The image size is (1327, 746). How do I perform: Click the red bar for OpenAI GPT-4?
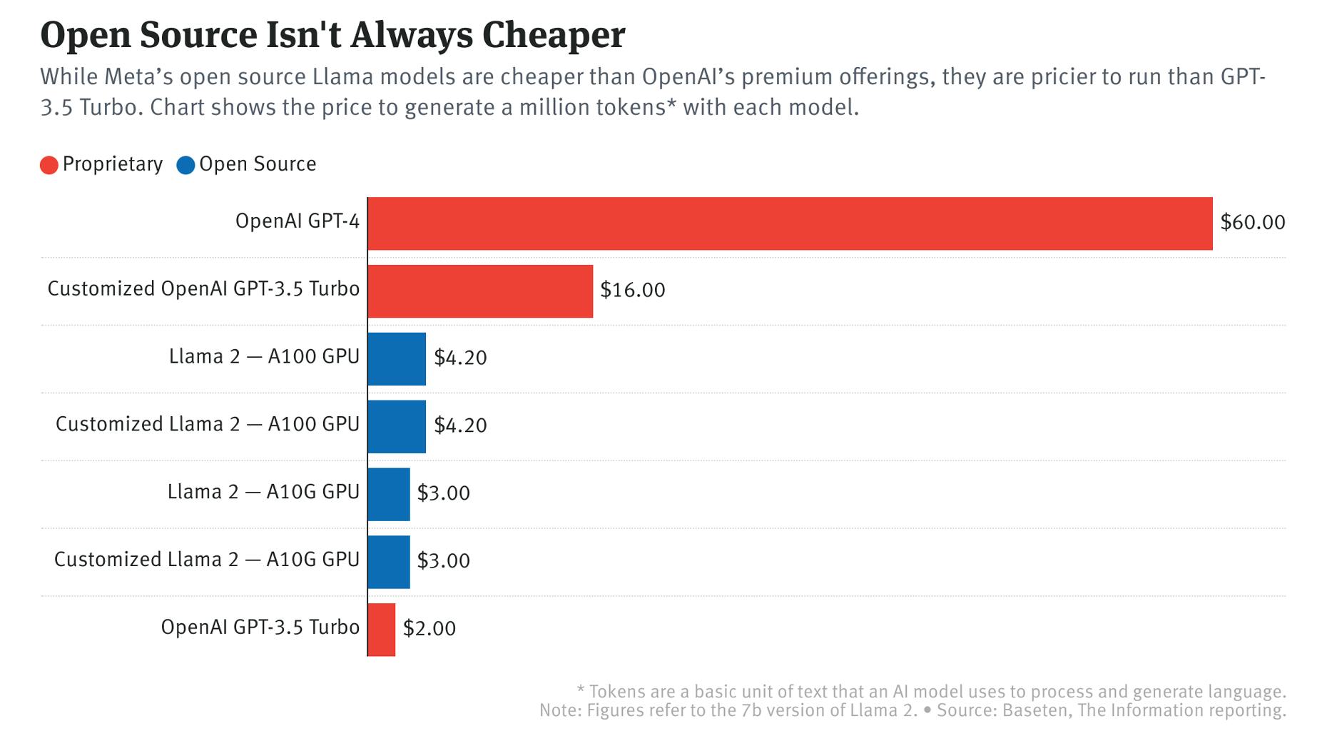tap(790, 223)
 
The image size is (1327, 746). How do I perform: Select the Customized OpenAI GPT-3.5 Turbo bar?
tap(480, 291)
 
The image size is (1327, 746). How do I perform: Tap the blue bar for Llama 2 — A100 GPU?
tap(397, 359)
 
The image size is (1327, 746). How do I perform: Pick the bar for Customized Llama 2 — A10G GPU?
tap(389, 562)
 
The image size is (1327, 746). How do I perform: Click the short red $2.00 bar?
tap(382, 630)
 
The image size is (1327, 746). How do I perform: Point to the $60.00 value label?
tap(1252, 223)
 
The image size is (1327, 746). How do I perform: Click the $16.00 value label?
tap(632, 291)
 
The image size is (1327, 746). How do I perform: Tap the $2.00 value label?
tap(429, 629)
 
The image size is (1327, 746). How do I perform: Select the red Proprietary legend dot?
tap(49, 166)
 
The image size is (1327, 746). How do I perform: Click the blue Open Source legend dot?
tap(185, 166)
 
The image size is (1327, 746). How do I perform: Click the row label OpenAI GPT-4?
tap(297, 222)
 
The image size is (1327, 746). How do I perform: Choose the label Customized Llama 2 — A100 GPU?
tap(207, 425)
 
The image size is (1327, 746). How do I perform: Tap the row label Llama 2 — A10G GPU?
tap(263, 493)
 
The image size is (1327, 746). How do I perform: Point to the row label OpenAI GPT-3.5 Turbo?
tap(260, 627)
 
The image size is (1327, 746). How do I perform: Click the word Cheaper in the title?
tap(554, 36)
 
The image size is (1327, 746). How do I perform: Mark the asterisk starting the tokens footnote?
tap(581, 690)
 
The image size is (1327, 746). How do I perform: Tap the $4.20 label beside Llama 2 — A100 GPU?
tap(460, 358)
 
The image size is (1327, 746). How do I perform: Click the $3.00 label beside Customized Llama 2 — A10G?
tap(443, 561)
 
